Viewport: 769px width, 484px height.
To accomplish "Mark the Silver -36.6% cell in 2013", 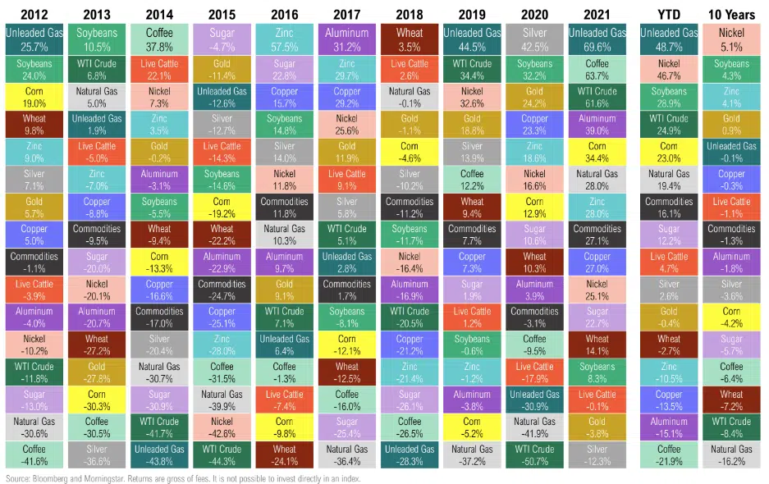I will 96,455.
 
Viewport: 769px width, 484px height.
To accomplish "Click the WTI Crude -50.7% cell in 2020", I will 534,455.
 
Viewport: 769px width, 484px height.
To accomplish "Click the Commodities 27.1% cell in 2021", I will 597,235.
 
